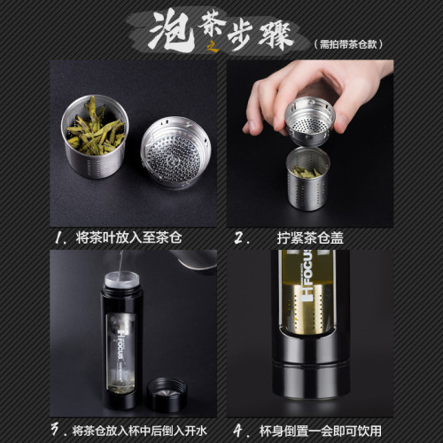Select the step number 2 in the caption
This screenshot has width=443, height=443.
238,238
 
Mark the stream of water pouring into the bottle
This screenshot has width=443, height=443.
118,270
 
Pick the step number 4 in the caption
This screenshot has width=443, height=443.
238,430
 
